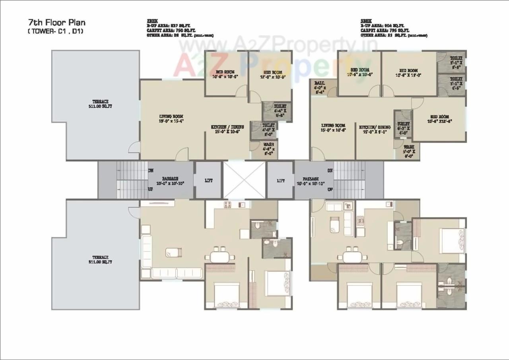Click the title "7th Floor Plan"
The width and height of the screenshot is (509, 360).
click(56, 22)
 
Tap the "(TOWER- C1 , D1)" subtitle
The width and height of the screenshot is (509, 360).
click(55, 31)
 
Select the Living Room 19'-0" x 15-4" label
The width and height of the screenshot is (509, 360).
click(171, 118)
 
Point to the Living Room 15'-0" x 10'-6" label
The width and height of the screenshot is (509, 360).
click(333, 127)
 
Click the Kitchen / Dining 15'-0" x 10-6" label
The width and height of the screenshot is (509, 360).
click(227, 129)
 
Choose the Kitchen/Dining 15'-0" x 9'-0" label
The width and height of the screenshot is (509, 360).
click(373, 129)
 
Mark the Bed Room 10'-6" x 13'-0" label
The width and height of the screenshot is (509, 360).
click(408, 72)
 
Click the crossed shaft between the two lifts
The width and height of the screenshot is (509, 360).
click(244, 180)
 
